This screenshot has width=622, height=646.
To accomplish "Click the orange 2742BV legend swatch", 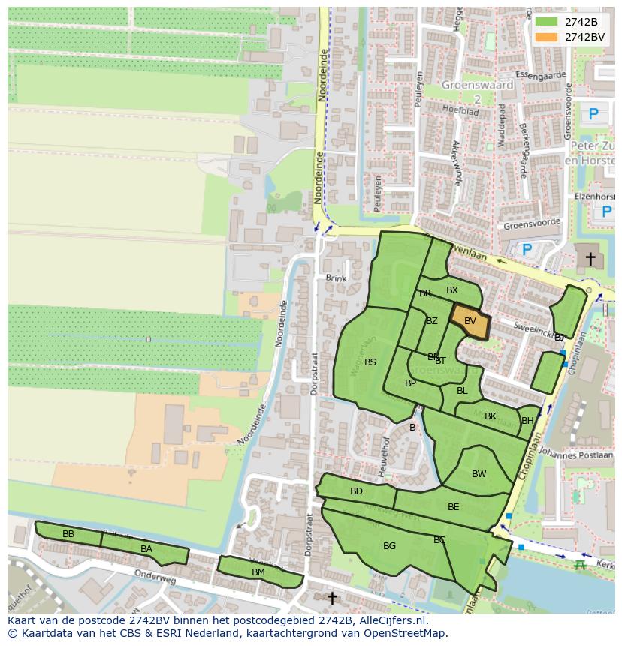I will (546, 37).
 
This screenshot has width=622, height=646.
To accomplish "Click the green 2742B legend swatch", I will (546, 22).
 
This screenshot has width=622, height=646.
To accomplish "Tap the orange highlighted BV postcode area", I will (470, 322).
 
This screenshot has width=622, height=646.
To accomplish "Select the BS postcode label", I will (370, 362).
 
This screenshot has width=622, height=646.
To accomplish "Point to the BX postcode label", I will (452, 290).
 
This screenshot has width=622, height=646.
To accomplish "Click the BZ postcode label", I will (431, 321).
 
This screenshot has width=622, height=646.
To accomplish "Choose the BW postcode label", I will (479, 474).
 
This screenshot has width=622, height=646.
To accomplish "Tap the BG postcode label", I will (389, 546).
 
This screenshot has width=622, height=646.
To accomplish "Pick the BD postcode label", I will (356, 491).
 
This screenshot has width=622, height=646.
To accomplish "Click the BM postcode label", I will (258, 572).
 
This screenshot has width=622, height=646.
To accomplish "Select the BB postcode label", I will (68, 534).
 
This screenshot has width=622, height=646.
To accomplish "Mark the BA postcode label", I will (146, 549).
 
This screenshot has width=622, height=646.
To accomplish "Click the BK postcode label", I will (491, 416).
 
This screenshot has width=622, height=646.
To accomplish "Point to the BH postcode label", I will (527, 421).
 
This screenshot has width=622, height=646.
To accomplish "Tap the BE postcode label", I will (453, 507).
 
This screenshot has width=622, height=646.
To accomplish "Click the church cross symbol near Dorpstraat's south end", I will (331, 598).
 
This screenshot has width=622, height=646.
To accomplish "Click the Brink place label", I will (337, 278).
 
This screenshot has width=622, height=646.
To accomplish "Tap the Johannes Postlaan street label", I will (576, 454).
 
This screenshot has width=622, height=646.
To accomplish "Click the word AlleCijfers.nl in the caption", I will (390, 620).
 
